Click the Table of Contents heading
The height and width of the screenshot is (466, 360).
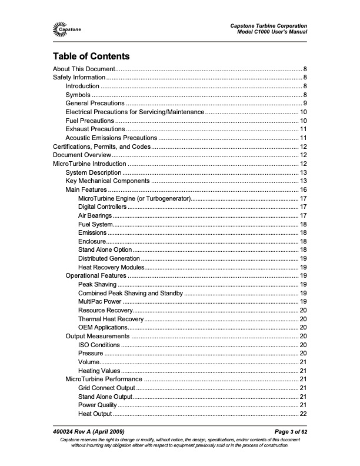tap(91, 56)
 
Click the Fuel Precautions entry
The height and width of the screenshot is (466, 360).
tap(90, 120)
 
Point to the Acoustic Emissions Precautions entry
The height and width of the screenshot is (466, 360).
tap(111, 138)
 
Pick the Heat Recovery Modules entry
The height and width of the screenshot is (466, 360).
tap(111, 267)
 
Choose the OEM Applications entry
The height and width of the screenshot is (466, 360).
tap(102, 327)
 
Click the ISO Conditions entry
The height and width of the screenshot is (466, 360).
tap(99, 345)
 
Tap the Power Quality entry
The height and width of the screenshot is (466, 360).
tap(97, 405)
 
